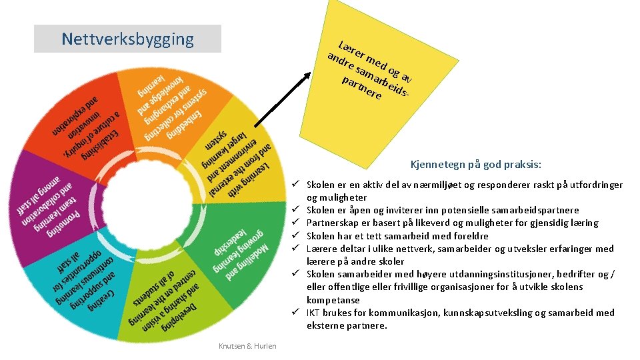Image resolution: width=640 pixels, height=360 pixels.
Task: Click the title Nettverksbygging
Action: pyautogui.click(x=127, y=39)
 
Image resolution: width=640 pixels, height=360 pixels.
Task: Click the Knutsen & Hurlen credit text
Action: pyautogui.click(x=247, y=345)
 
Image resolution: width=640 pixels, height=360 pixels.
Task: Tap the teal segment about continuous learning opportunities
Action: pyautogui.click(x=81, y=281)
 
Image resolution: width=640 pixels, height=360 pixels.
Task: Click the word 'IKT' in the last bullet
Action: pyautogui.click(x=313, y=313)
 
